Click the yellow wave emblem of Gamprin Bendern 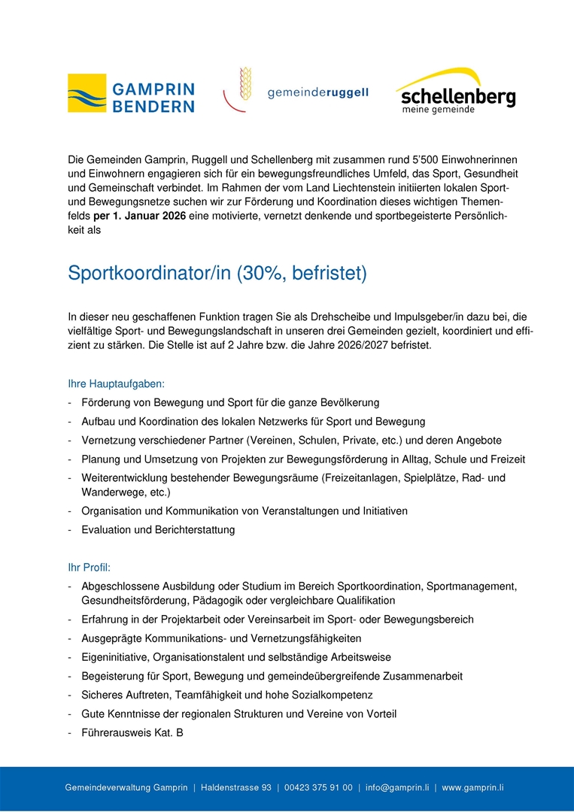pyautogui.click(x=87, y=94)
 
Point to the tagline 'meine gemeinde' pyautogui.click(x=438, y=110)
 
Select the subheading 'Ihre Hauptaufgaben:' pyautogui.click(x=116, y=384)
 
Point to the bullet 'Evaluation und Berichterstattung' pyautogui.click(x=158, y=530)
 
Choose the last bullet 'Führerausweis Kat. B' pyautogui.click(x=132, y=732)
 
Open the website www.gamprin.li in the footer pyautogui.click(x=472, y=787)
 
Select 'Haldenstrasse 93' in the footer pyautogui.click(x=236, y=787)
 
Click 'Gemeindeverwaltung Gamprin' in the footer pyautogui.click(x=126, y=787)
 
